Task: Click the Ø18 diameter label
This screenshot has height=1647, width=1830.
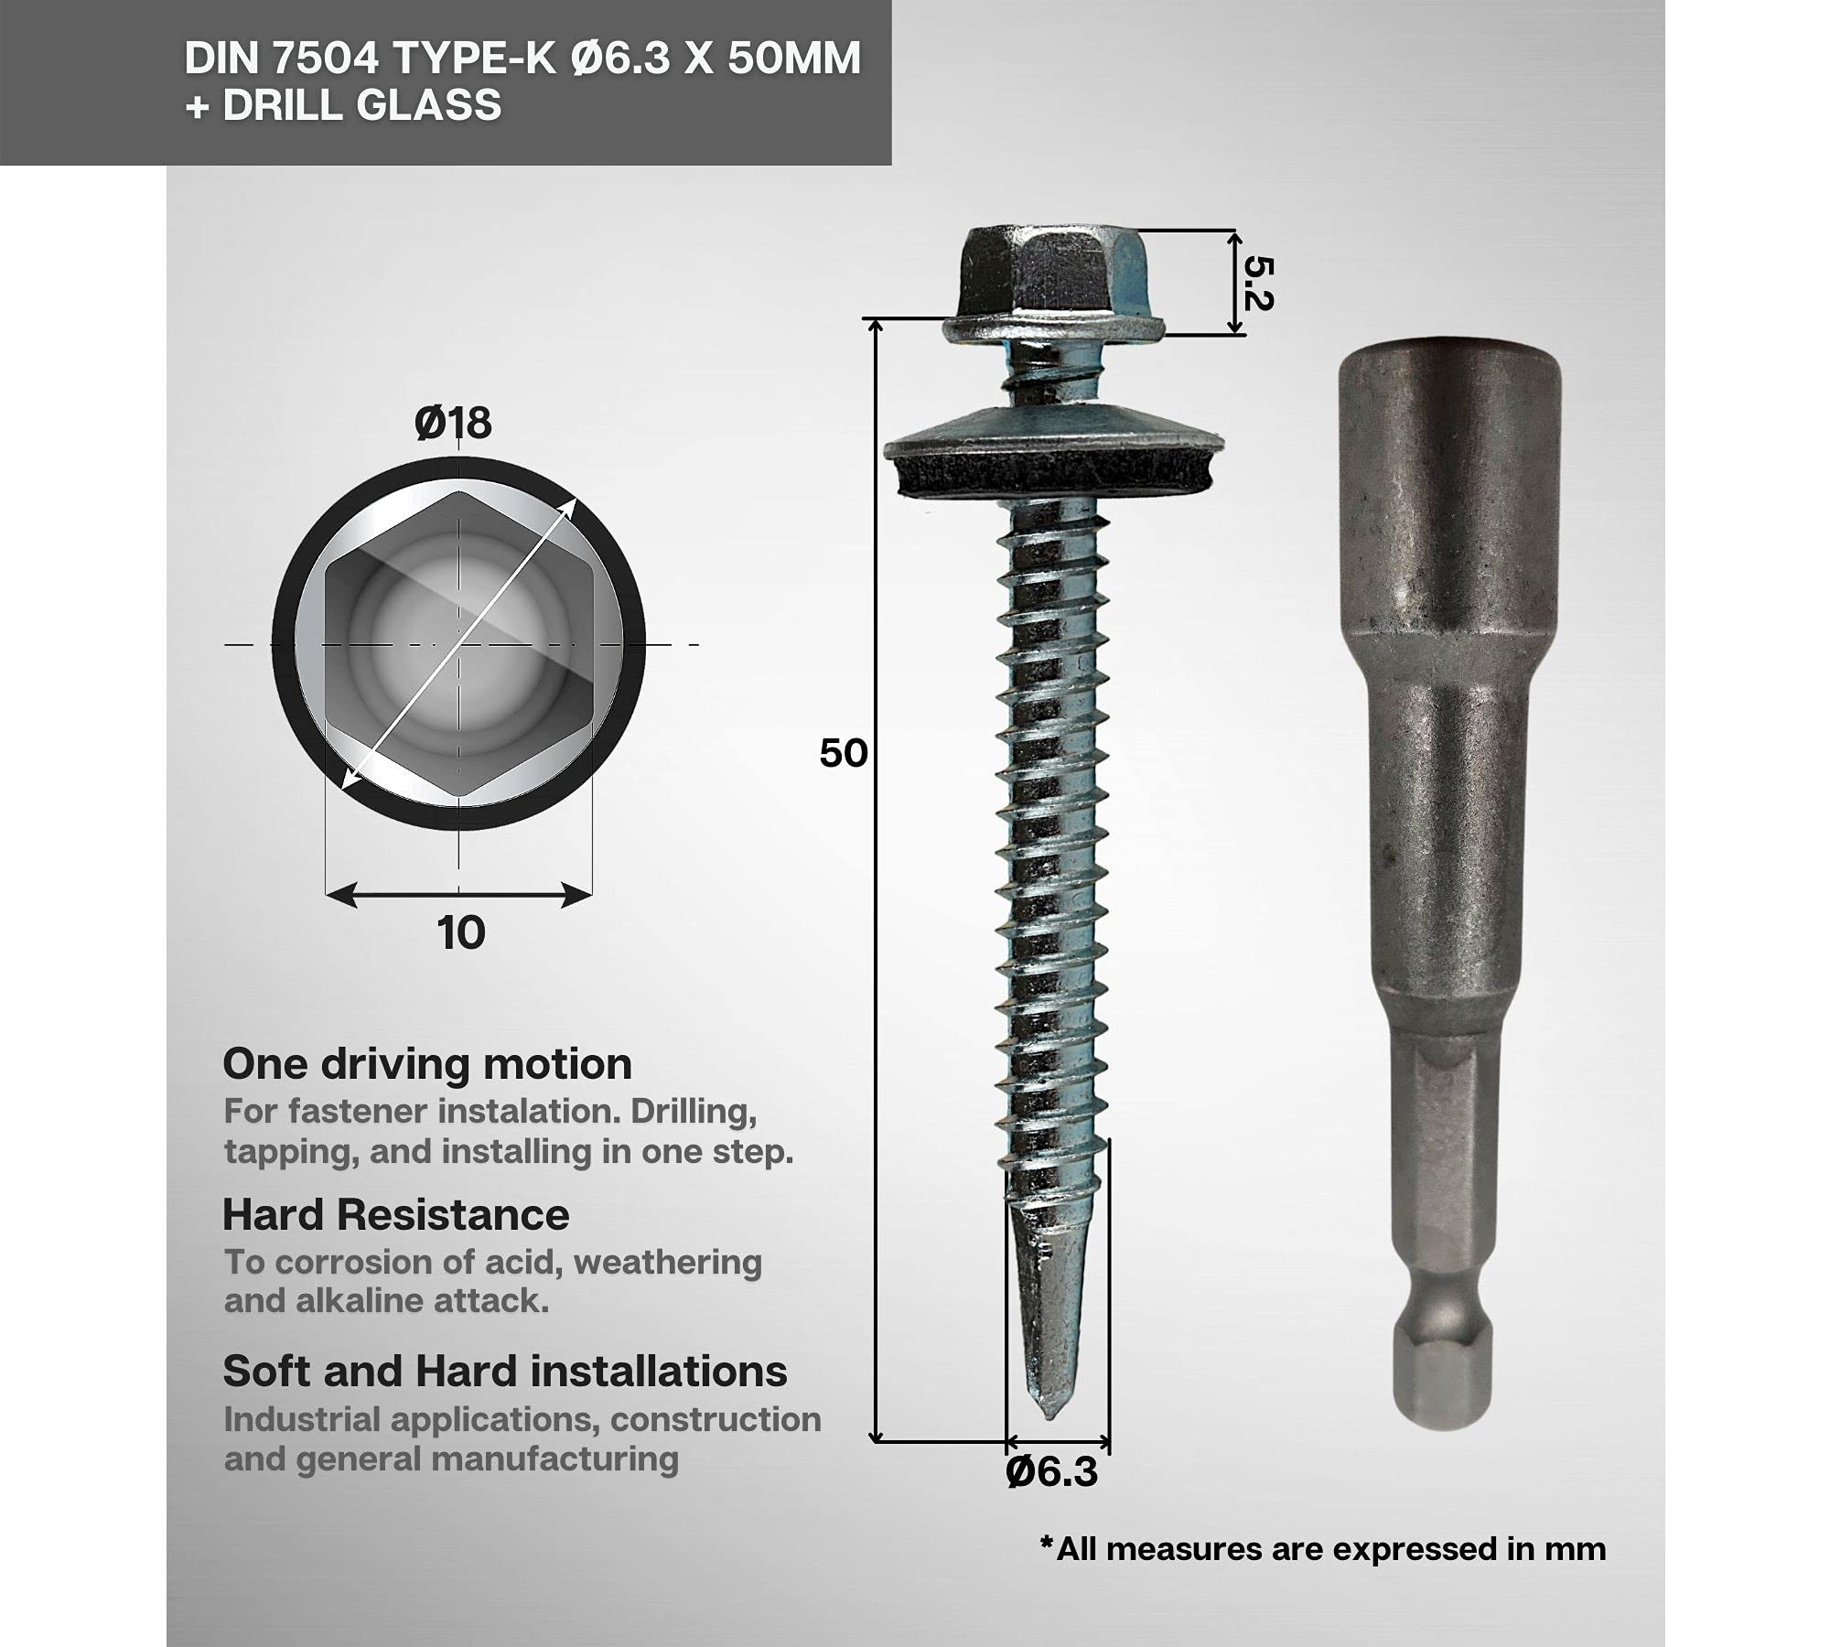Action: pyautogui.click(x=453, y=424)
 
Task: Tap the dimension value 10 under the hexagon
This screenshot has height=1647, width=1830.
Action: pyautogui.click(x=460, y=933)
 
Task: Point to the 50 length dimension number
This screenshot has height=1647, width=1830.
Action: pyautogui.click(x=843, y=753)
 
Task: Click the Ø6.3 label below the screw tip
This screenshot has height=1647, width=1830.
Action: pyautogui.click(x=1051, y=1472)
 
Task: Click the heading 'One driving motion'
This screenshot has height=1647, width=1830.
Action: pyautogui.click(x=427, y=1064)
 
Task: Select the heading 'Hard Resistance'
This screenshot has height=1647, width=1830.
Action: pyautogui.click(x=395, y=1215)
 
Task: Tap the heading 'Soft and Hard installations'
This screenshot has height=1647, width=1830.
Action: pyautogui.click(x=504, y=1372)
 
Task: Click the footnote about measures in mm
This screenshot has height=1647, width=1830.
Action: pyautogui.click(x=1322, y=1549)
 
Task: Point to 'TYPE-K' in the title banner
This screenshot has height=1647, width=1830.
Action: pyautogui.click(x=474, y=59)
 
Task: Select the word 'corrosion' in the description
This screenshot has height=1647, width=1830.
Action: pyautogui.click(x=351, y=1262)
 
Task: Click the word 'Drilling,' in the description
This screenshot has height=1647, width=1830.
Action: pyautogui.click(x=694, y=1112)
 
